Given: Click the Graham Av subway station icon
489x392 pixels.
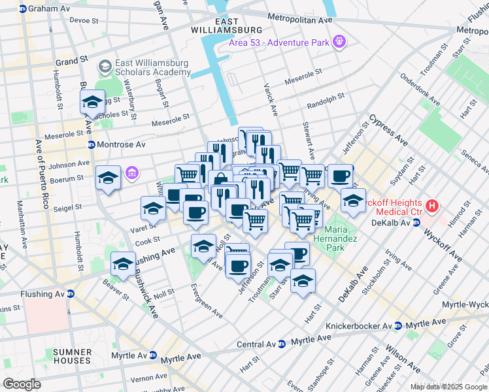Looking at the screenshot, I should (23, 9).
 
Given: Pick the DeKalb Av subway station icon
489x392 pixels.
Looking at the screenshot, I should (416, 223).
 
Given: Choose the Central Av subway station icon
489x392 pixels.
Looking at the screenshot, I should (282, 344).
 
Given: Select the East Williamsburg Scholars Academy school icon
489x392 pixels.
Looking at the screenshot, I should (105, 67).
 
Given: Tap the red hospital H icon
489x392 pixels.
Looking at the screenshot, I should (431, 206).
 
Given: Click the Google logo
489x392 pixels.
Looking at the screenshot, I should (22, 384).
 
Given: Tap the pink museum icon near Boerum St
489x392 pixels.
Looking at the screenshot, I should (132, 172).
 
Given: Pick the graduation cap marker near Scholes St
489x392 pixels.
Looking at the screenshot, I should (92, 102).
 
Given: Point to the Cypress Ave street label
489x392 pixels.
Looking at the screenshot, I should (388, 130).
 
